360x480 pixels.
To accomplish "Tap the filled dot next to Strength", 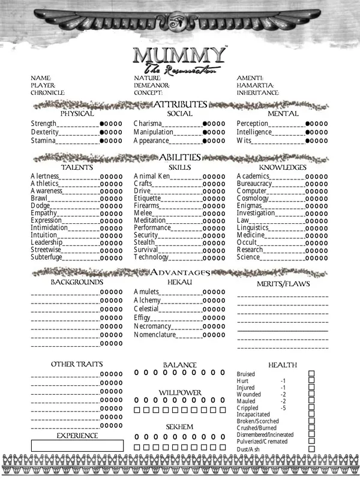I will pos(103,124).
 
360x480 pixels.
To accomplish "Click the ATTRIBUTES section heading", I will pos(180,104).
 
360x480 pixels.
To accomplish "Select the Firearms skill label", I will pos(148,206).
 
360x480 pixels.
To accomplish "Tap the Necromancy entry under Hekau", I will pos(153,326).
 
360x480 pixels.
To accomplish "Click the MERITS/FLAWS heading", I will pos(282,284).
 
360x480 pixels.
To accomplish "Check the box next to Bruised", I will pos(311,374).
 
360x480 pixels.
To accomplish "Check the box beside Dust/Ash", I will pos(311,449).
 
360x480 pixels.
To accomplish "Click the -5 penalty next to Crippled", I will pos(283,408).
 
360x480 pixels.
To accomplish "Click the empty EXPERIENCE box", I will pos(77,446).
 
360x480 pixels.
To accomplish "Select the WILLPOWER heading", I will pos(180,392).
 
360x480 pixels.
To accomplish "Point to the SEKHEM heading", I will pos(180,427).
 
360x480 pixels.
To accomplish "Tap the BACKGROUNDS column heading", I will pos(77,281).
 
